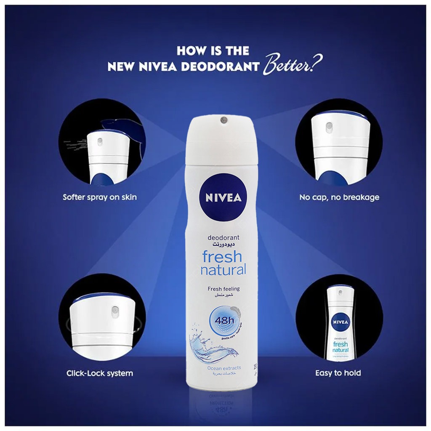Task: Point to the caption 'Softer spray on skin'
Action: (100, 197)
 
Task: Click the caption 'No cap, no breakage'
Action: (339, 197)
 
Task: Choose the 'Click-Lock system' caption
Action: (100, 373)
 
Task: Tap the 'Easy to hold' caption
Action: (338, 373)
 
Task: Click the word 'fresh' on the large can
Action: (222, 256)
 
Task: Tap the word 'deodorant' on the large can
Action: (223, 238)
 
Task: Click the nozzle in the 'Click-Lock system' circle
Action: (114, 310)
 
